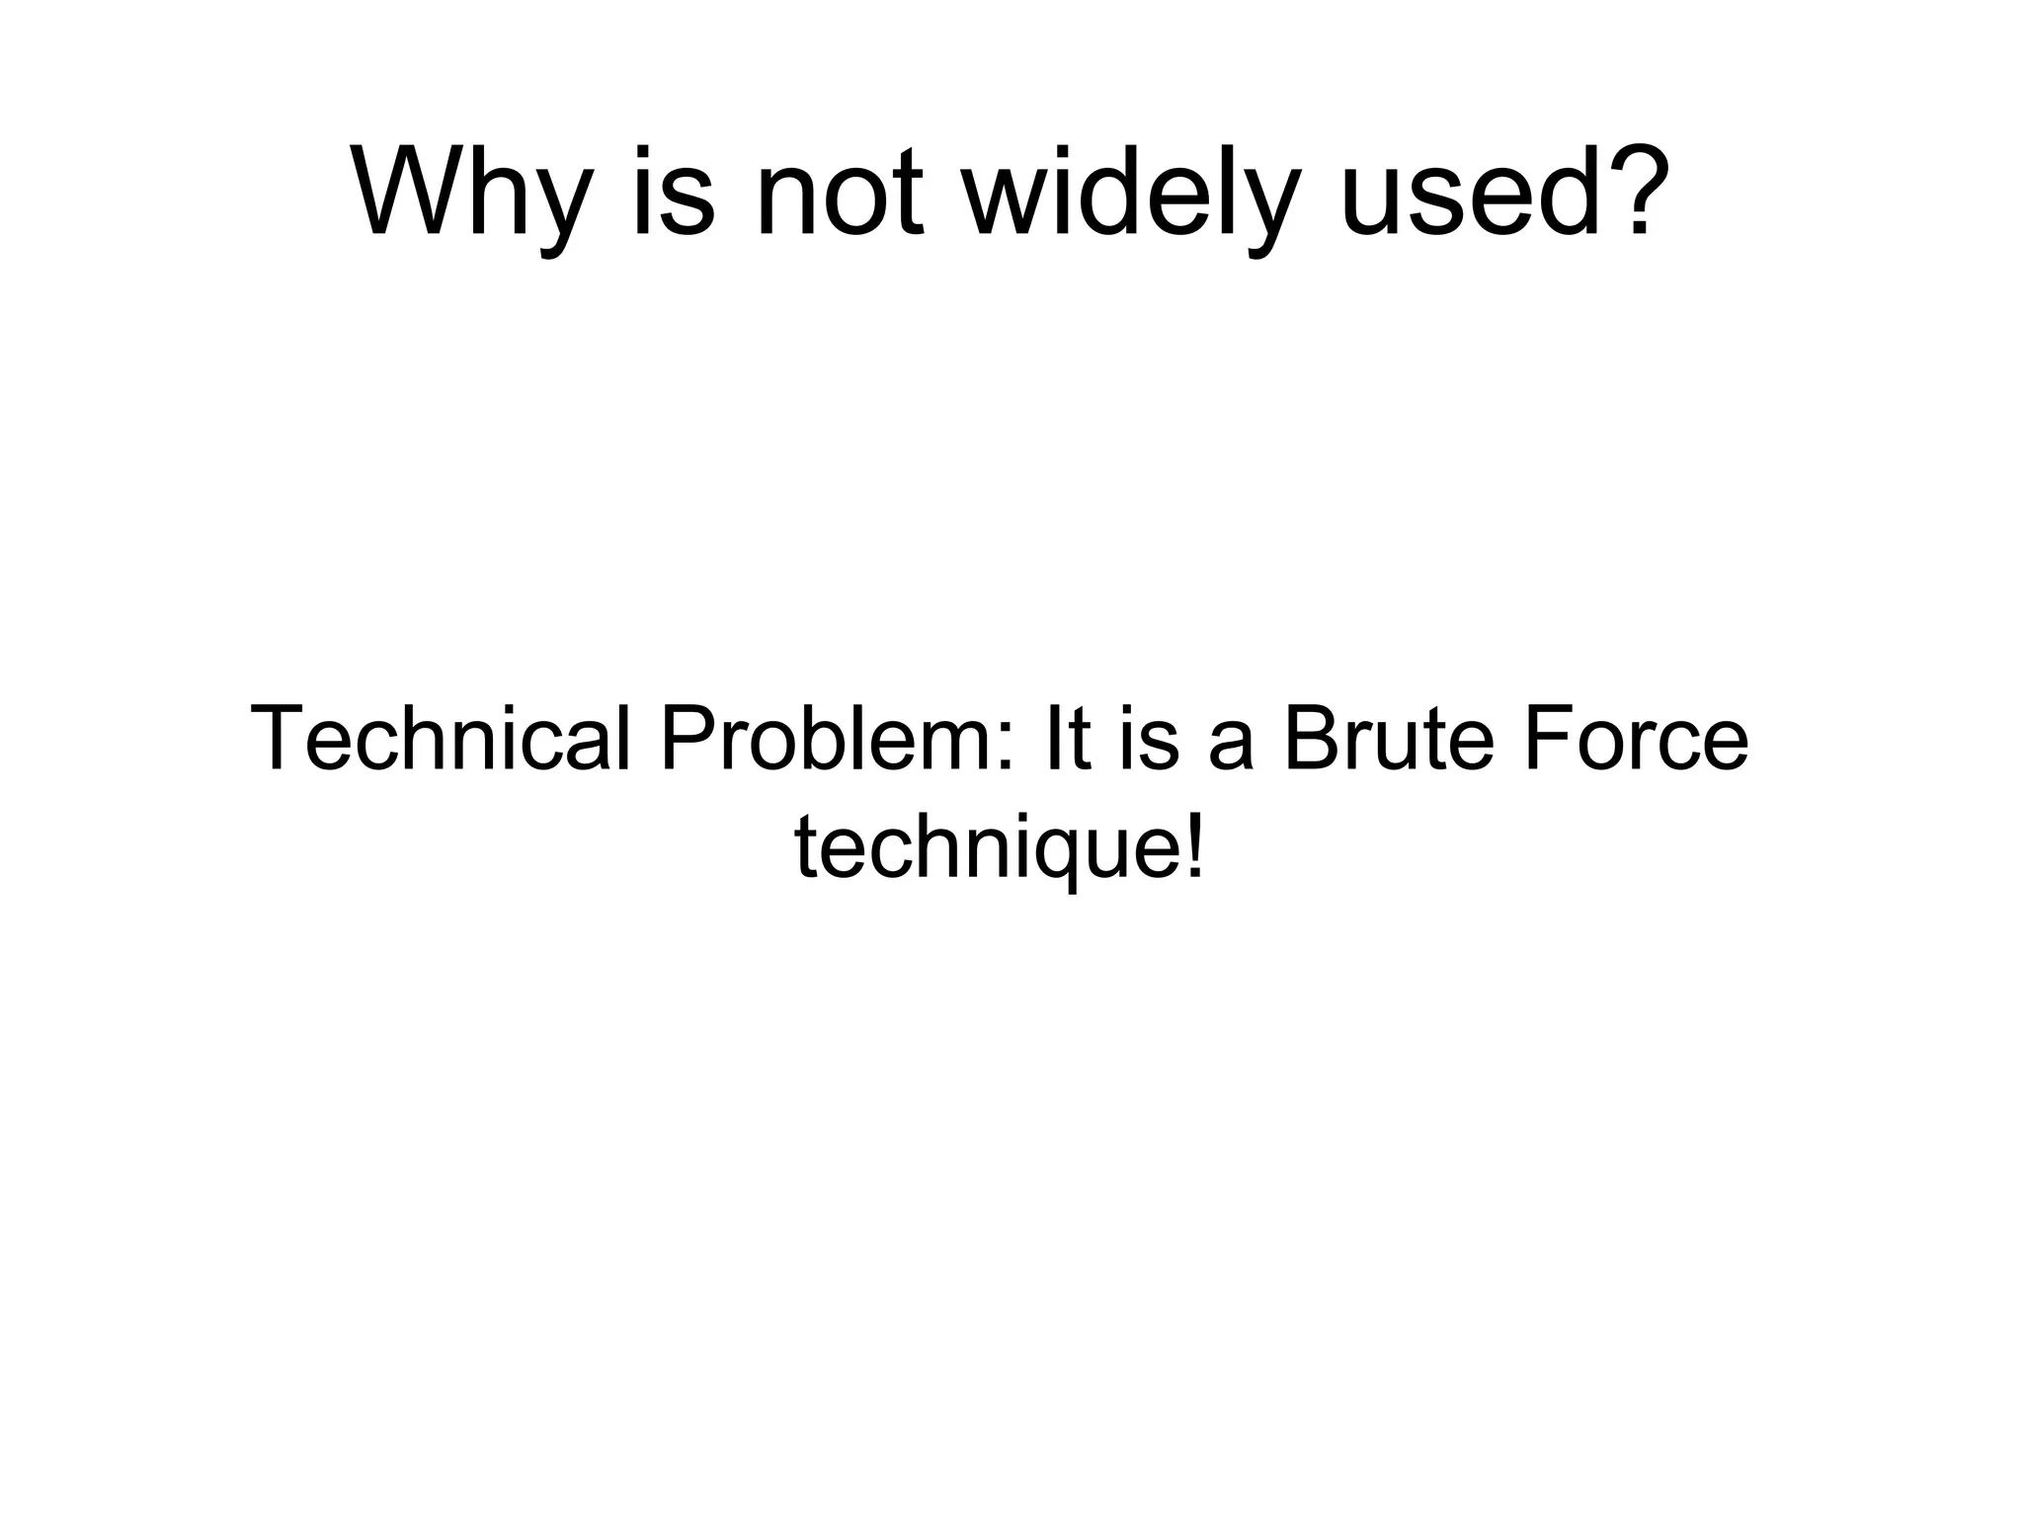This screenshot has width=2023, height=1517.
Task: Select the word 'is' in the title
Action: pos(672,194)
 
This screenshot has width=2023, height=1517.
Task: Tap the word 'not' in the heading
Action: pos(839,194)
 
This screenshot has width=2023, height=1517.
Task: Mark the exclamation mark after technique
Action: pos(1195,844)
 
